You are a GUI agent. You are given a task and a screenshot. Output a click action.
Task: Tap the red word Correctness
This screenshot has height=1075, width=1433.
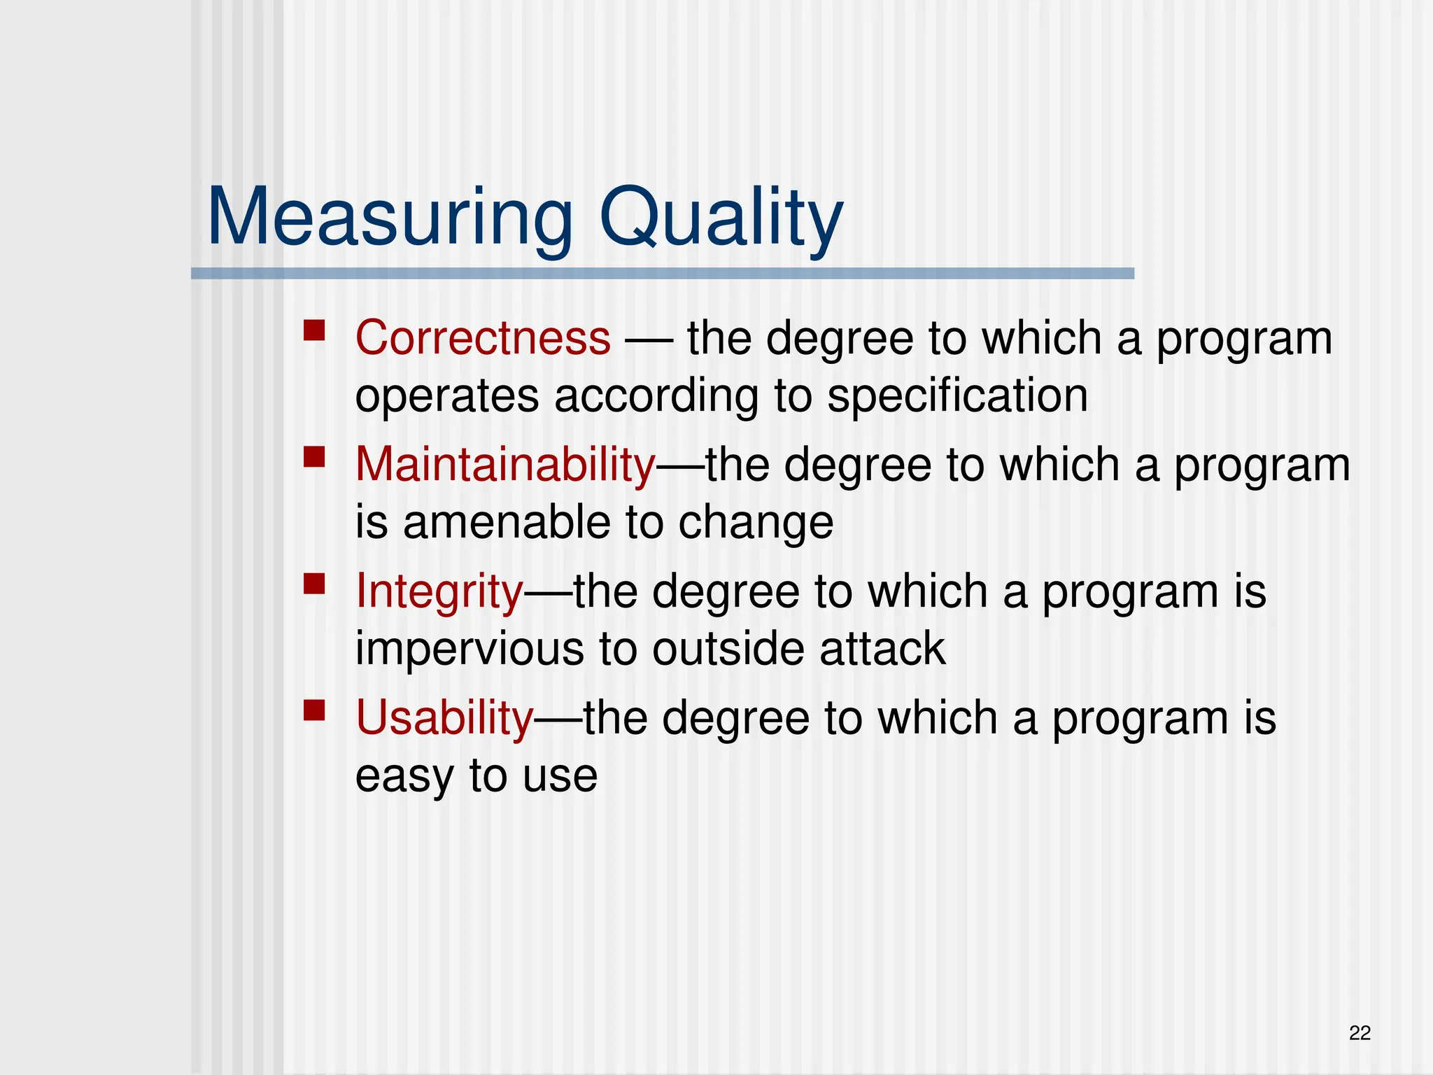click(483, 338)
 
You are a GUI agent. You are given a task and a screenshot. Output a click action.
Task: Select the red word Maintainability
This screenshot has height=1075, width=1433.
click(505, 465)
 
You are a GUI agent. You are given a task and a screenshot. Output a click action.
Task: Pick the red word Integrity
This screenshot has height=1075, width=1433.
click(439, 591)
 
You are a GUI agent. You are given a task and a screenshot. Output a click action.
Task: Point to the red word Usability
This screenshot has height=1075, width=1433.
click(444, 718)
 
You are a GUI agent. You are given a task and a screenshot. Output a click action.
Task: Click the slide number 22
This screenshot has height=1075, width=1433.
click(1360, 1033)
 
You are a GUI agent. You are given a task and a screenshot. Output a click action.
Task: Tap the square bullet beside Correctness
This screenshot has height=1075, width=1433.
click(314, 330)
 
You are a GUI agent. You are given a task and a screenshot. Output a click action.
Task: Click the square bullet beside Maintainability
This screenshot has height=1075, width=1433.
click(314, 457)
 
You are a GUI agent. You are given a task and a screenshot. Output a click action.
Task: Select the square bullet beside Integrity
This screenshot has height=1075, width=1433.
click(314, 584)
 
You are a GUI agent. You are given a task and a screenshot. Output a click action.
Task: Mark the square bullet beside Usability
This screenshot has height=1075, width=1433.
click(314, 710)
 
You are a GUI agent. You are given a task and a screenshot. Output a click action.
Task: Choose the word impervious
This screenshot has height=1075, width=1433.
click(470, 649)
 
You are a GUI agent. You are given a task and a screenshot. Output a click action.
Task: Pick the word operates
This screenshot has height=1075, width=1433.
click(447, 396)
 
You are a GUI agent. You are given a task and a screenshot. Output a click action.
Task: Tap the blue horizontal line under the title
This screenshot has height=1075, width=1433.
click(662, 274)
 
